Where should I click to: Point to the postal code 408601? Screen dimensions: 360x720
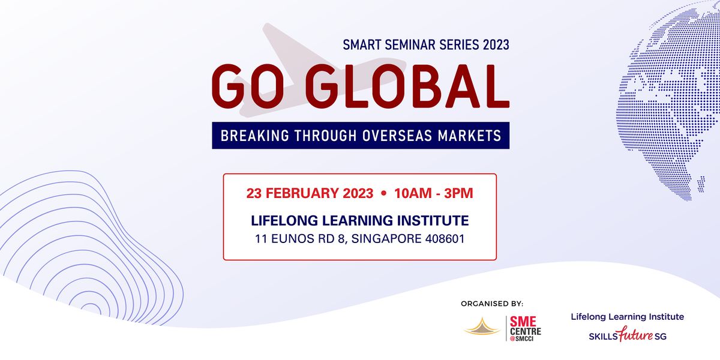442,238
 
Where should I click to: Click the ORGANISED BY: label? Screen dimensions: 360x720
491,304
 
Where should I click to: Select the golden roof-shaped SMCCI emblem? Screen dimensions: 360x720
483,326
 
